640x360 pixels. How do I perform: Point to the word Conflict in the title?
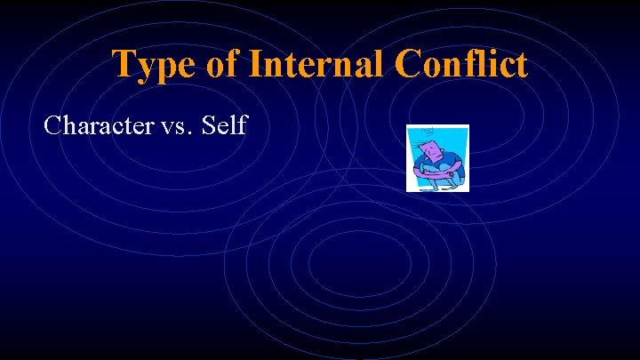(460, 64)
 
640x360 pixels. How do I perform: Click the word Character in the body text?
(97, 125)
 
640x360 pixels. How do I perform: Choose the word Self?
(224, 125)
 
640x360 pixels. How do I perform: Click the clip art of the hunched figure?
(436, 158)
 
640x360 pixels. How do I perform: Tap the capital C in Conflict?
(409, 64)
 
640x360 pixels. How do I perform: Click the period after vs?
(188, 133)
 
